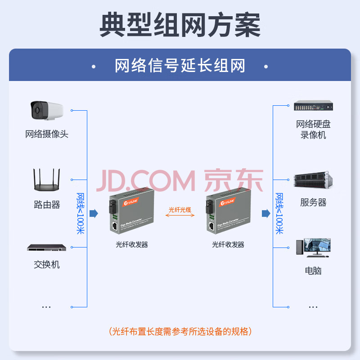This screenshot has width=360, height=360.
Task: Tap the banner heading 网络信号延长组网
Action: click(180, 66)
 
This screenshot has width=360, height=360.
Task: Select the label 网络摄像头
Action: click(47, 134)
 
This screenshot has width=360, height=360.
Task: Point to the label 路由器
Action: click(47, 205)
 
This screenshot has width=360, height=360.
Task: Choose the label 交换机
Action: click(47, 265)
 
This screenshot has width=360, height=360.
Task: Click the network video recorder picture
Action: click(313, 107)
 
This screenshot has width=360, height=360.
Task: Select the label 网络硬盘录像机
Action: click(313, 129)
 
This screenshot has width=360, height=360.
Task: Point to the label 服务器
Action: click(313, 202)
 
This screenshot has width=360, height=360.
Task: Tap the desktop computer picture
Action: click(313, 247)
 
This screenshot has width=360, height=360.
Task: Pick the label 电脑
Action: click(313, 271)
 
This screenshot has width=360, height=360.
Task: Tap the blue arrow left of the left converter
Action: click(94, 213)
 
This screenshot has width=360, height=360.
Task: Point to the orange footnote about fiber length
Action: click(180, 332)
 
